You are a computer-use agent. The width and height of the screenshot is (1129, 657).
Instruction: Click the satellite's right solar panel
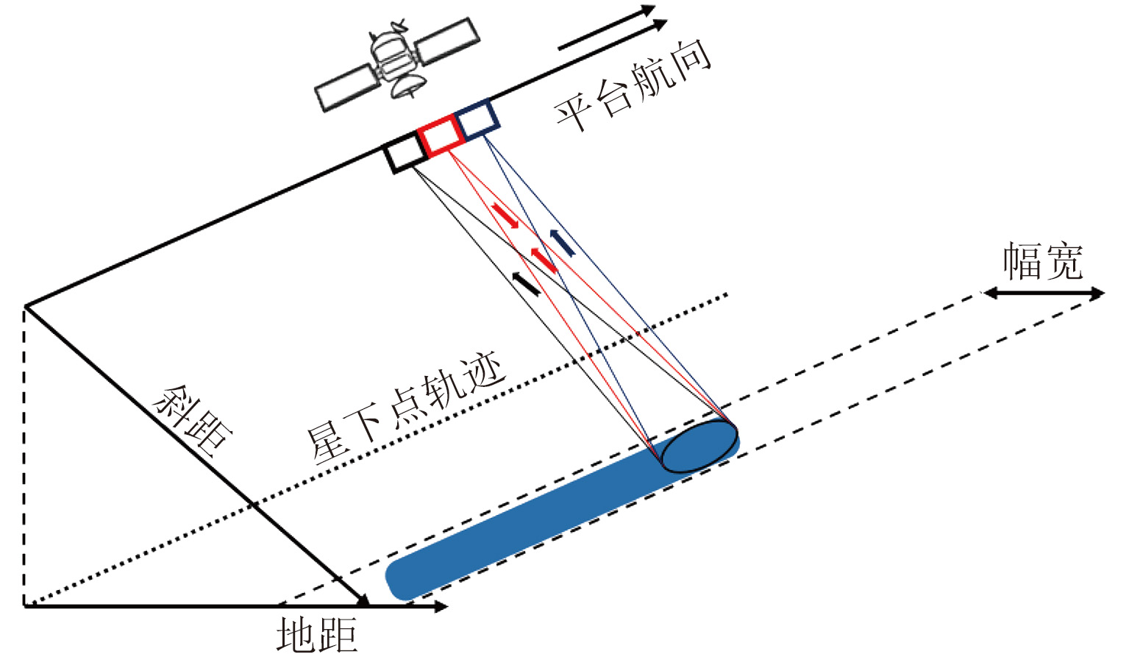pyautogui.click(x=446, y=41)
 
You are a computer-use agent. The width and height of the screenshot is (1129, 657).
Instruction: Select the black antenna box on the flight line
pyautogui.click(x=404, y=153)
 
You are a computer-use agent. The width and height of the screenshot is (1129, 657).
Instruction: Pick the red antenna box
pyautogui.click(x=441, y=135)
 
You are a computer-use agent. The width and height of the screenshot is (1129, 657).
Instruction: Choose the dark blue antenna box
pyautogui.click(x=478, y=118)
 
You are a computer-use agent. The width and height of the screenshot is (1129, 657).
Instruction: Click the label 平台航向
pyautogui.click(x=633, y=84)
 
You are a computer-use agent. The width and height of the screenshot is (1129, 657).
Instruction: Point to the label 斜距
pyautogui.click(x=193, y=422)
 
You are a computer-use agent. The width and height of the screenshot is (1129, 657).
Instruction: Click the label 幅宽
pyautogui.click(x=1043, y=261)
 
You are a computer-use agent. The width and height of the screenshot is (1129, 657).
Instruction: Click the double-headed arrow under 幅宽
pyautogui.click(x=1044, y=294)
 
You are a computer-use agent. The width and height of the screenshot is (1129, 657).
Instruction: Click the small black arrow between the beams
pyautogui.click(x=526, y=284)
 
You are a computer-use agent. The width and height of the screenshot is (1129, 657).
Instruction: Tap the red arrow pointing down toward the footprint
pyautogui.click(x=506, y=216)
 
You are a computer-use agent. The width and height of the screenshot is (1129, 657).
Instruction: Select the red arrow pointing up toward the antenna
pyautogui.click(x=544, y=260)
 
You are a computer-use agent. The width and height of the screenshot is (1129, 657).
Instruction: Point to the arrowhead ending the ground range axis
pyautogui.click(x=440, y=606)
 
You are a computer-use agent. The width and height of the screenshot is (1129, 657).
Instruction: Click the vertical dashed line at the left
pyautogui.click(x=24, y=456)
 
